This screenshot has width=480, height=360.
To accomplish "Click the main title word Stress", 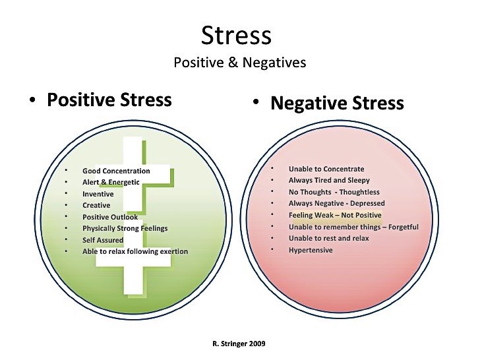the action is point(236,35).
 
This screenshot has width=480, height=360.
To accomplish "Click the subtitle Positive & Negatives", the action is point(240,63).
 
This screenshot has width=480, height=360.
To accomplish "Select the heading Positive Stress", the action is point(109,100).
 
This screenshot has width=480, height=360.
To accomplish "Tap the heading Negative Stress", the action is point(337,103).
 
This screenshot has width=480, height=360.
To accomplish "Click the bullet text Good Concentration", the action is point(116,171).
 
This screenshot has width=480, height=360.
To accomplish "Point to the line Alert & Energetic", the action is point(111,183).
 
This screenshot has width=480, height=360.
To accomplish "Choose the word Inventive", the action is point(98,194).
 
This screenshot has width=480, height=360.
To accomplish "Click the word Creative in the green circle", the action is point(96,205).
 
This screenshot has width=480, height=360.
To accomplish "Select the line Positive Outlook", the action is point(110,217).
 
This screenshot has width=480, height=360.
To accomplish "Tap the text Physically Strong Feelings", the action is point(125,228).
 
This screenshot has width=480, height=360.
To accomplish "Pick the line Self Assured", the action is point(102,240).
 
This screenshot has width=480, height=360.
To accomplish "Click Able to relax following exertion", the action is point(135,251).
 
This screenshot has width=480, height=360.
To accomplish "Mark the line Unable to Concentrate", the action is point(326,169).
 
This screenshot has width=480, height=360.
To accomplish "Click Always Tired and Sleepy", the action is point(329,180).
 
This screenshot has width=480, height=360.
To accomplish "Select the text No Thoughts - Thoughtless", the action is point(334,192).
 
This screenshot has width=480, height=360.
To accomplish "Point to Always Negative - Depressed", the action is point(336,204).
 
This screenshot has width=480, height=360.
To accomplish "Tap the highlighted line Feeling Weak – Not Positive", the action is point(335,215).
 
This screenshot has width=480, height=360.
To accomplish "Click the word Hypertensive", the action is point(311,250).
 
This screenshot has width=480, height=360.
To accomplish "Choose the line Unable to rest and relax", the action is point(328,238).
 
